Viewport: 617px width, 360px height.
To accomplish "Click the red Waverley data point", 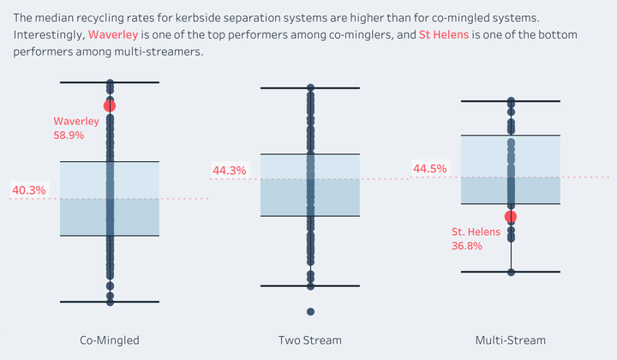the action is tap(110, 105).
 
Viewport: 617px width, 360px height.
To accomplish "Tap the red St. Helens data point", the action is tap(511, 216).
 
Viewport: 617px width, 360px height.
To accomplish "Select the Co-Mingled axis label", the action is tap(110, 340).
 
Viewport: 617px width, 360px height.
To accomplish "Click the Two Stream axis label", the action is tap(310, 340).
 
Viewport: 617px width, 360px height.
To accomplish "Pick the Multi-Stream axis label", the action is tap(511, 340).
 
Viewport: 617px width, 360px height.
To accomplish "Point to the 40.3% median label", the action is tap(29, 190).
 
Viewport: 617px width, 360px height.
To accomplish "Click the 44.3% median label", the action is tap(230, 171).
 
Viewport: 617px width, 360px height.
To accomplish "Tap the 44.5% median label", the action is tap(429, 168).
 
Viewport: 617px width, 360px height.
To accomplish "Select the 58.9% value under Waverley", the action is tap(69, 135).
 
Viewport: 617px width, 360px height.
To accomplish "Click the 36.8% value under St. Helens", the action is tap(467, 246).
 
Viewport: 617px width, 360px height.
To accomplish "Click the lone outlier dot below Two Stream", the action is tap(310, 312).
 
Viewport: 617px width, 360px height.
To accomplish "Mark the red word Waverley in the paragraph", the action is tap(113, 34).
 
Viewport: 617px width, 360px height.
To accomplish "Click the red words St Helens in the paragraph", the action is tap(444, 34).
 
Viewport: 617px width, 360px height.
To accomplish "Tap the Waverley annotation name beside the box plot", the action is tap(76, 121).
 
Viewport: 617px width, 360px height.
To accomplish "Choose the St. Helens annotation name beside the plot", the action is tap(476, 231).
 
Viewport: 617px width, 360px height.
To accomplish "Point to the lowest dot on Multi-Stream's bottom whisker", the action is tap(511, 272).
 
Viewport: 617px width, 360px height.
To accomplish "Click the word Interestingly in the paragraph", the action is tap(49, 35).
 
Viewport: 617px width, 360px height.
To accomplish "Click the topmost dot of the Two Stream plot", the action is tap(310, 87).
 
